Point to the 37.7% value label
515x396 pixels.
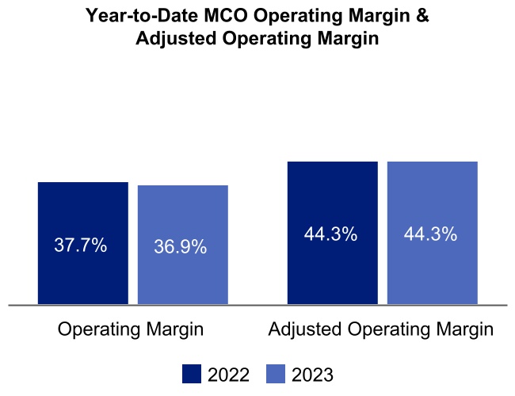81,246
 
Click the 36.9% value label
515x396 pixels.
181,247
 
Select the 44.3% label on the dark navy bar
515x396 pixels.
330,234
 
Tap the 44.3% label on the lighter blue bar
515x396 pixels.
431,234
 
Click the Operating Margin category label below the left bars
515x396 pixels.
131,329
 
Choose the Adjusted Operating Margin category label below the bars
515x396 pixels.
381,329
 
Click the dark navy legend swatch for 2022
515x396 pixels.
192,374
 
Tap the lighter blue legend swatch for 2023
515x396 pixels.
275,374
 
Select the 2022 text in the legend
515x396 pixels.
228,375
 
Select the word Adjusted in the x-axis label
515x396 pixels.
303,329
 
